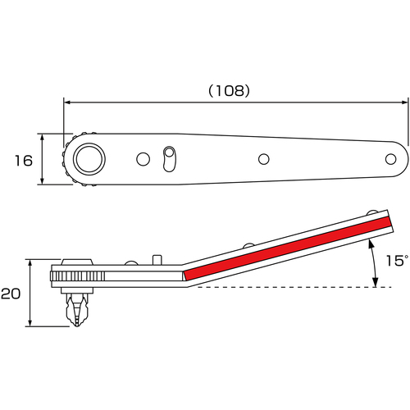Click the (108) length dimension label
click(229, 91)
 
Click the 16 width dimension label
click(24, 161)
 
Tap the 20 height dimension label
click(11, 294)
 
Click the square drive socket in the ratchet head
click(89, 159)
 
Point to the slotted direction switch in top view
click(170, 159)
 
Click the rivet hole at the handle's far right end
click(390, 159)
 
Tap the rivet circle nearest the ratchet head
click(143, 159)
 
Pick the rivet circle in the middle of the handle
click(264, 159)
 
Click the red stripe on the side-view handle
click(288, 248)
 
